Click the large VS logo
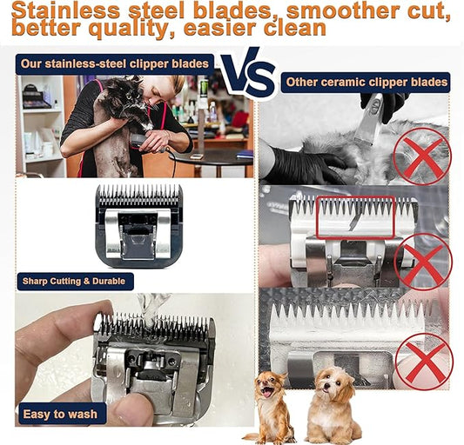point(249,74)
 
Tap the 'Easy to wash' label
point(60,414)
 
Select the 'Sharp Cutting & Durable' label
point(74,281)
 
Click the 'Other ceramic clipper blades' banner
point(366,83)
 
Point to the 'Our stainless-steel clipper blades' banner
point(115,63)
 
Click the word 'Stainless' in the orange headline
point(65,10)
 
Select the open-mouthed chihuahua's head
point(270,385)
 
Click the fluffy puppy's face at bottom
point(332,383)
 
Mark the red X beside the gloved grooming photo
point(422,156)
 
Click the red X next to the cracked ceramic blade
point(422,262)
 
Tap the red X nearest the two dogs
point(424,362)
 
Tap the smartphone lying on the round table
point(197,156)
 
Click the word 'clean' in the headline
point(295,28)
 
